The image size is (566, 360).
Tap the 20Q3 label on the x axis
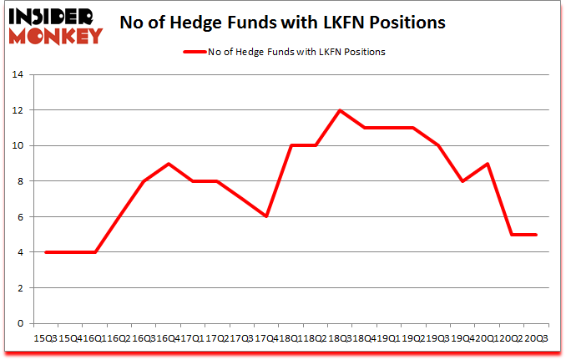(x=536, y=337)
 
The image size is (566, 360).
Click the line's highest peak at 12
(x=341, y=110)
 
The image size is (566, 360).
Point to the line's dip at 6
(x=266, y=216)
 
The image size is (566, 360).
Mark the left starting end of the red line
(x=45, y=252)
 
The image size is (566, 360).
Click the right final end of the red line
(x=537, y=235)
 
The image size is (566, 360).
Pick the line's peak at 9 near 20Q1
(x=488, y=164)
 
